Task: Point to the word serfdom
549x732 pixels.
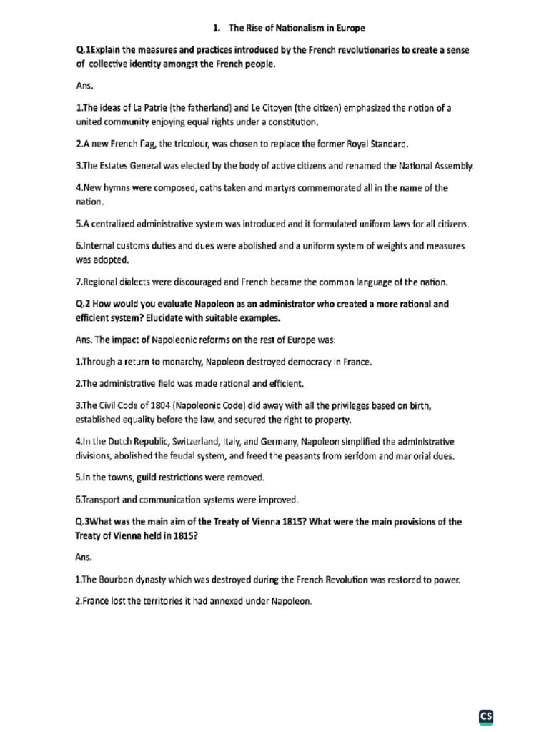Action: tap(357, 455)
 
